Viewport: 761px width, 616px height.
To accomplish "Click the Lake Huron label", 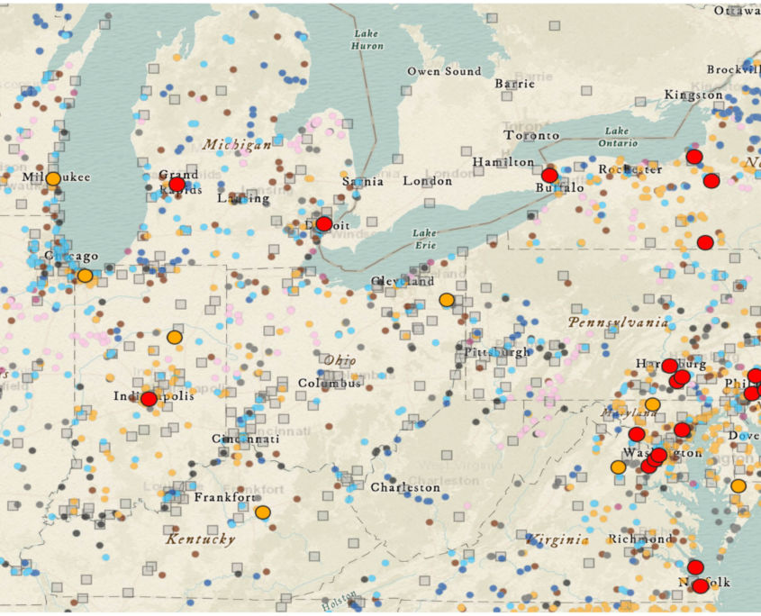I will click(367, 39).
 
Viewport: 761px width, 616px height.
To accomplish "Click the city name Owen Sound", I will click(444, 71).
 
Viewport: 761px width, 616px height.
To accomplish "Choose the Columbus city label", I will click(330, 384).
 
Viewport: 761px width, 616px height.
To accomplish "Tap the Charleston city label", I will click(406, 487).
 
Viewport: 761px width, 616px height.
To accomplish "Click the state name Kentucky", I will click(200, 539).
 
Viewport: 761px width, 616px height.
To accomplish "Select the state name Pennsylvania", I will click(618, 322).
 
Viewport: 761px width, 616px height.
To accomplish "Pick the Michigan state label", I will click(237, 144).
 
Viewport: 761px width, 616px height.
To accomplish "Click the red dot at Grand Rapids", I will click(177, 184).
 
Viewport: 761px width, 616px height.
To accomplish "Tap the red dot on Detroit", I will click(323, 223).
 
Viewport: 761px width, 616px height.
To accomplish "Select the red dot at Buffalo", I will click(549, 175).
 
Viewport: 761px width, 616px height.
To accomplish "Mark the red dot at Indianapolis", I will click(149, 398).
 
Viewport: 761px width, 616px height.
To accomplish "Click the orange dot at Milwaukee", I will click(53, 178).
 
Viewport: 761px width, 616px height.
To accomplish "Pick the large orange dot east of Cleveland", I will click(447, 299).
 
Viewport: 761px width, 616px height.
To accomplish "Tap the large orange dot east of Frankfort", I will click(262, 512).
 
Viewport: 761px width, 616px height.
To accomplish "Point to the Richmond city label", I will click(639, 539).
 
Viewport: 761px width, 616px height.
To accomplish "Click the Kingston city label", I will click(693, 95).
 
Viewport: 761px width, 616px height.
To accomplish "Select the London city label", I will click(427, 181).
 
